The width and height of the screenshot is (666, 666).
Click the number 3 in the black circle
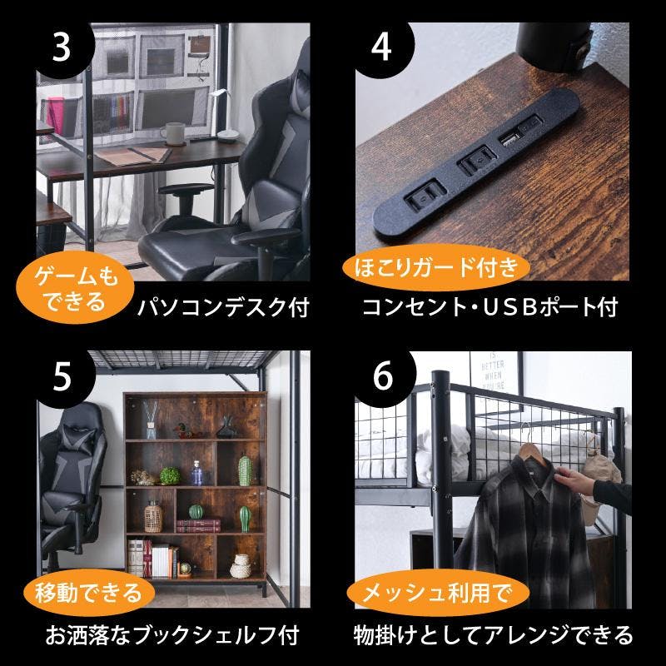[61, 47]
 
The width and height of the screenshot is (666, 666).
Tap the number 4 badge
[381, 47]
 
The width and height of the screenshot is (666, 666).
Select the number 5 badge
[62, 376]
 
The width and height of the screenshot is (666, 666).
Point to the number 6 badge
[383, 376]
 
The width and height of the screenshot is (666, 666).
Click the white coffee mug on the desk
[173, 134]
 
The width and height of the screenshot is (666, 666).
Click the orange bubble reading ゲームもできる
[75, 287]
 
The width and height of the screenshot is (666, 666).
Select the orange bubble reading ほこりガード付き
[436, 267]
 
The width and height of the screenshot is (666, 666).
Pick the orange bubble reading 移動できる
[88, 593]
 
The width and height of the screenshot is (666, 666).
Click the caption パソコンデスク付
[223, 307]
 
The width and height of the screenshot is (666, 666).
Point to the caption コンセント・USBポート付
[490, 307]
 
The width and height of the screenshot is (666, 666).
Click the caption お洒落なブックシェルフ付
[172, 635]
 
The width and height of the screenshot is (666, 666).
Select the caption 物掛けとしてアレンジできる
[493, 635]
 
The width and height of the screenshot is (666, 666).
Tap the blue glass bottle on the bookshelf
[196, 473]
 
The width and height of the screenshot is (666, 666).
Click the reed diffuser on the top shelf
[151, 420]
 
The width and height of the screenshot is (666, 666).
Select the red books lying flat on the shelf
[198, 525]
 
